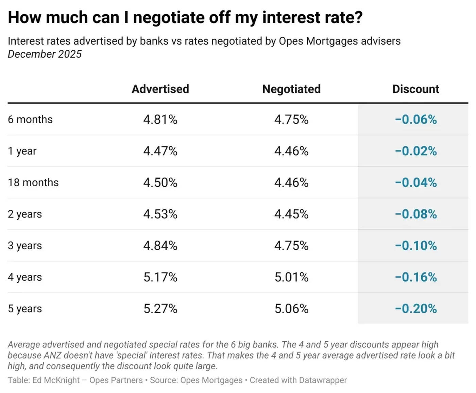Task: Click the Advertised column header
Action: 160,89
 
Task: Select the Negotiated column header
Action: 291,89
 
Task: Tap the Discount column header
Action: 415,89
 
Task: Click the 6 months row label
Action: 30,120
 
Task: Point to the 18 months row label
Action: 33,183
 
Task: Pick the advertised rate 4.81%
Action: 160,120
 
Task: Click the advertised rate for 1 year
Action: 160,151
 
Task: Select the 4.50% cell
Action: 160,183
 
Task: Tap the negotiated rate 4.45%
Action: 291,214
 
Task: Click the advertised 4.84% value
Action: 160,246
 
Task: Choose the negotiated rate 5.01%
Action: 291,277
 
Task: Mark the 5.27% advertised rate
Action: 160,309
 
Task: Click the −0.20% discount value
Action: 415,309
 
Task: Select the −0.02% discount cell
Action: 415,151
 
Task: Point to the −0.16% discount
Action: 415,277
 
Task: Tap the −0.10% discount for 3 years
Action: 415,246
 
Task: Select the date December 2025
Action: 45,54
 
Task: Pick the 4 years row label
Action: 25,277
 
